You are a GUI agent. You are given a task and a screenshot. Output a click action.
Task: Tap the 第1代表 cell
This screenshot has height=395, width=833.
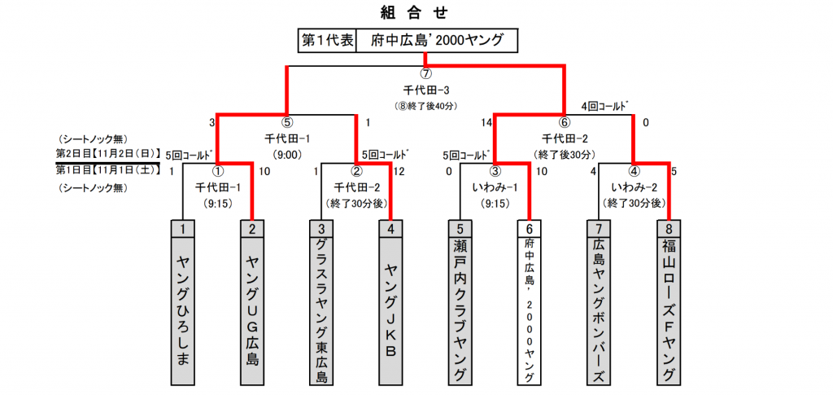pos(327,40)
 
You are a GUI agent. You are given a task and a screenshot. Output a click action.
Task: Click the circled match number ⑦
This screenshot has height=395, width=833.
pos(425,74)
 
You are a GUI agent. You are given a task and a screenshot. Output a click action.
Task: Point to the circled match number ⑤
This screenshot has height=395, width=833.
pos(286,123)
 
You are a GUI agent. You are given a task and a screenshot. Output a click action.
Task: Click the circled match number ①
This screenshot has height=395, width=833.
pos(217,171)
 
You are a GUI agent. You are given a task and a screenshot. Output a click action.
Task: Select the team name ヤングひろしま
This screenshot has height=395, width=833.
pos(183,310)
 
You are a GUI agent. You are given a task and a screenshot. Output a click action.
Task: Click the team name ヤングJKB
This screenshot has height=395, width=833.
pos(391,310)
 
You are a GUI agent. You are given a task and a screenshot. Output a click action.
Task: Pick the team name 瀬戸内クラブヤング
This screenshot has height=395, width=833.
pos(460,310)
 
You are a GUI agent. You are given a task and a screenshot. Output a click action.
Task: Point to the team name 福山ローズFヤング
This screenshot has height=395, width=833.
pos(669,310)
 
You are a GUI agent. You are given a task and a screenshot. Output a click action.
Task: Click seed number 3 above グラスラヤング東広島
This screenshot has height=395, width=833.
pos(322,229)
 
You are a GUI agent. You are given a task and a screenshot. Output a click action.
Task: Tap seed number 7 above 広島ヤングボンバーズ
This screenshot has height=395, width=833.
pos(600,229)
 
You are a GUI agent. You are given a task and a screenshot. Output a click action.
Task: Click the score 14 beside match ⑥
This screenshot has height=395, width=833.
pos(486,123)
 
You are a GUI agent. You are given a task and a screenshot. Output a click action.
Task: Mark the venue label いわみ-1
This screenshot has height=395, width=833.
pos(495,187)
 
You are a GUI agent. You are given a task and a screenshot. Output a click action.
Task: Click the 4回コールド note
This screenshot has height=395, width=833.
pos(605,107)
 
